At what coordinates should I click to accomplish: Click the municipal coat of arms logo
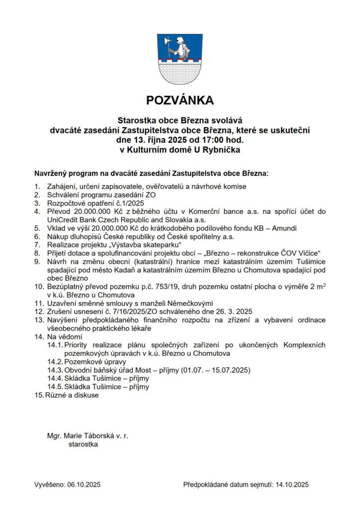[180, 58]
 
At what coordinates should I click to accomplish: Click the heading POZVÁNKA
[180, 100]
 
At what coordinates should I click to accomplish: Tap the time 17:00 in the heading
[209, 139]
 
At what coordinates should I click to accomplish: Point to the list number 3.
[37, 203]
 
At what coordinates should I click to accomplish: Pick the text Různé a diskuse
[73, 395]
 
